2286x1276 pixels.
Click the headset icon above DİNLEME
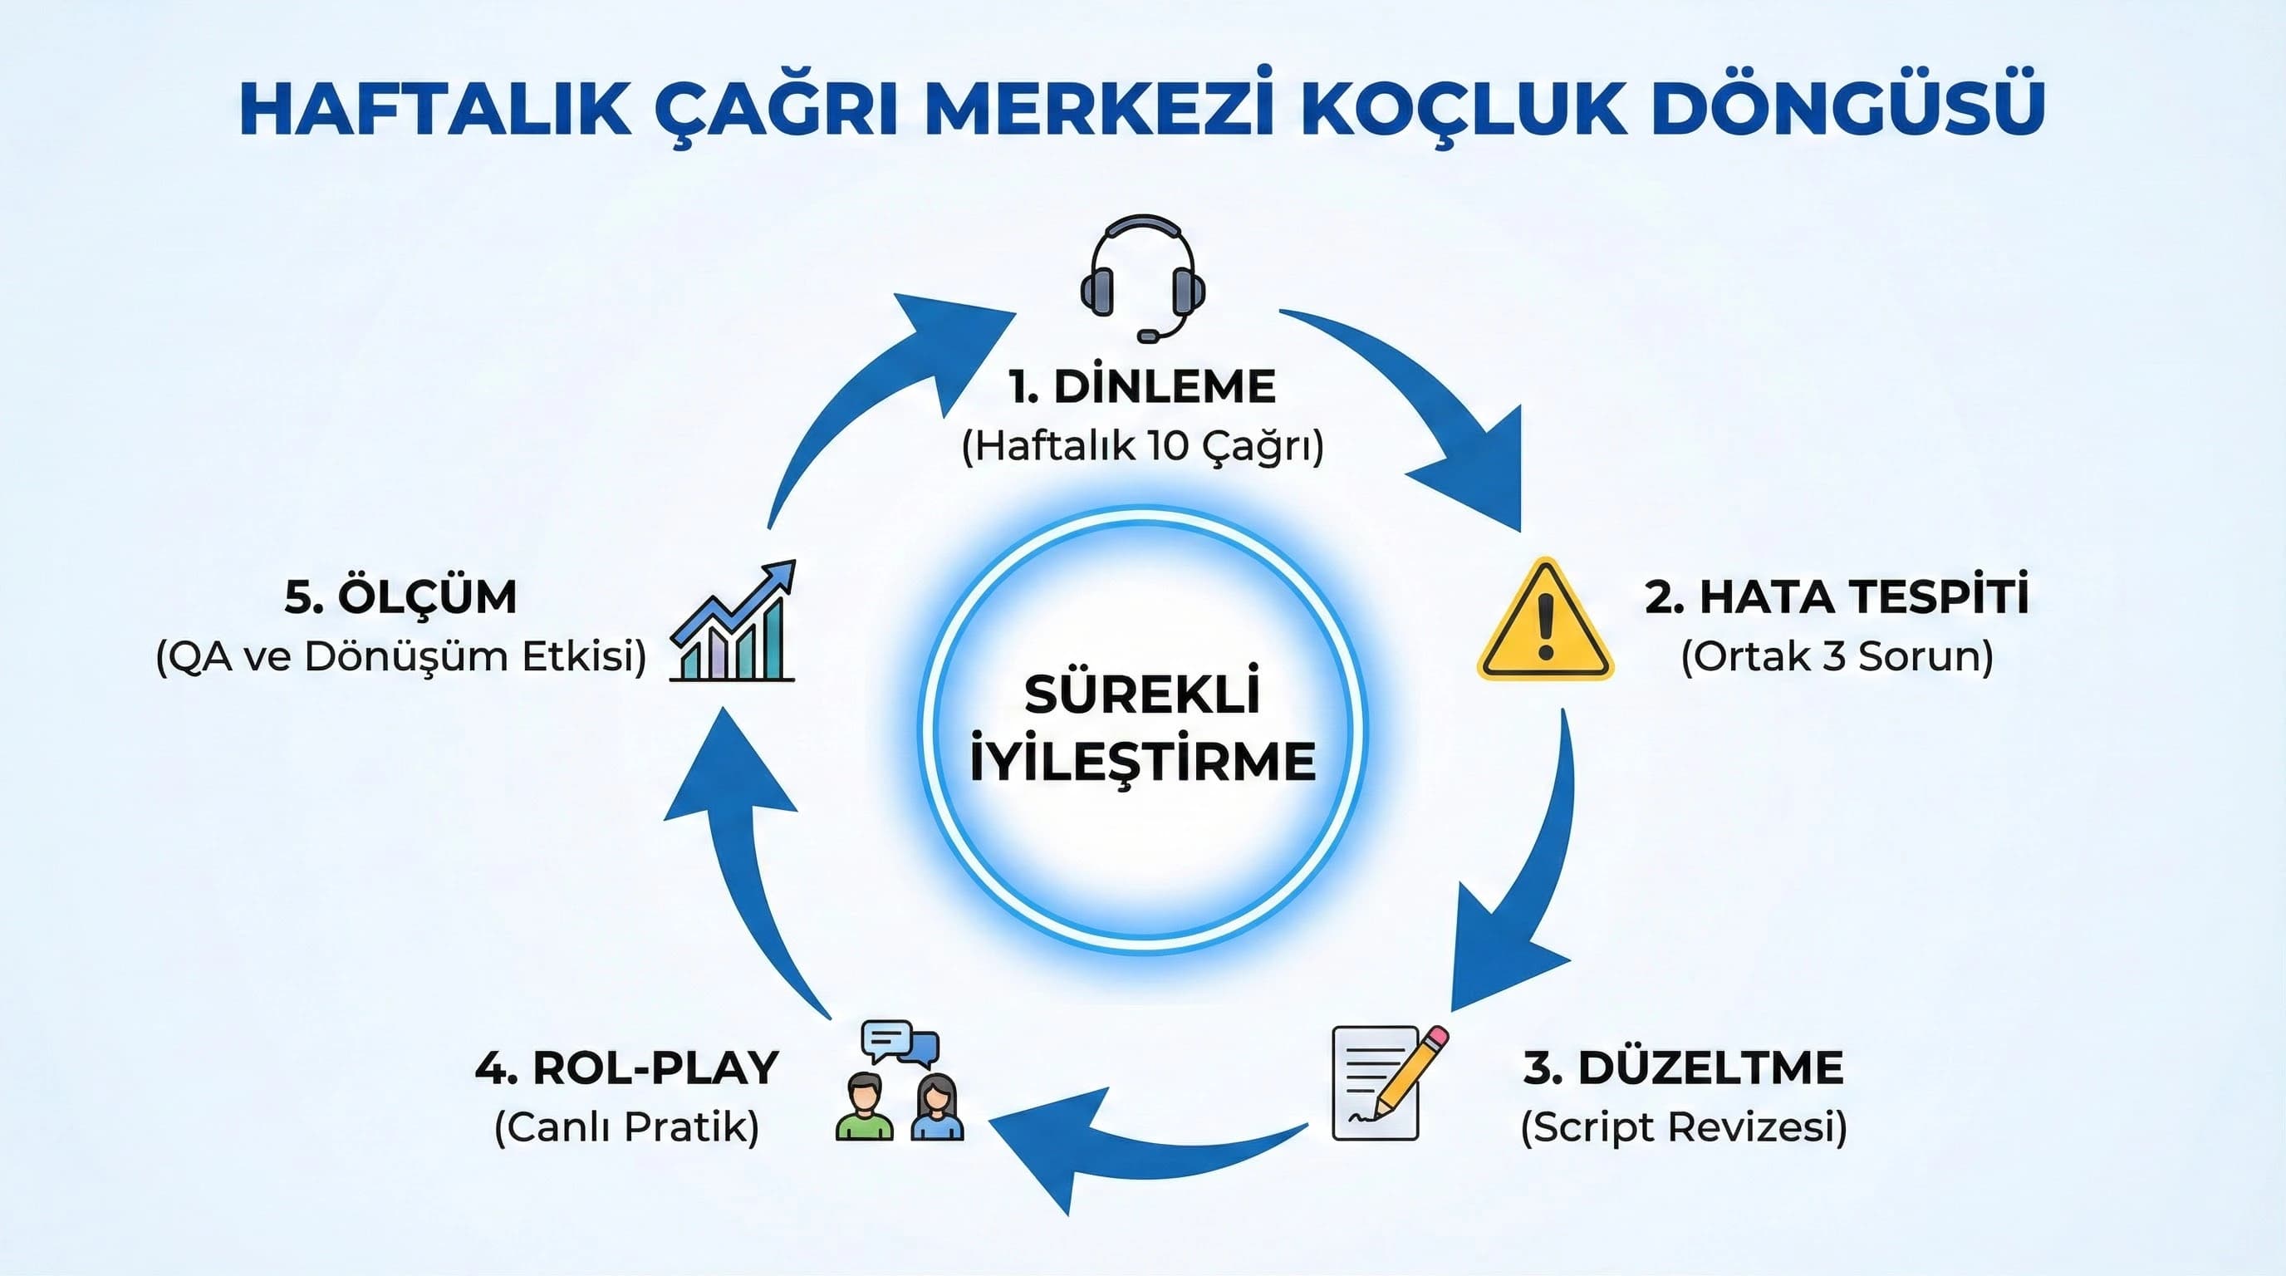click(x=1142, y=275)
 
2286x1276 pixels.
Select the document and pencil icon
click(x=1387, y=1082)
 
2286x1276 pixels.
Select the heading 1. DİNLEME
click(x=1142, y=386)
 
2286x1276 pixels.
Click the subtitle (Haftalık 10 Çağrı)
click(x=1142, y=446)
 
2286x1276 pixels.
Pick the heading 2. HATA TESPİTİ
click(x=1837, y=596)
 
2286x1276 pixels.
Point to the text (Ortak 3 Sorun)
click(x=1837, y=657)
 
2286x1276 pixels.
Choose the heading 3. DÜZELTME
click(x=1684, y=1067)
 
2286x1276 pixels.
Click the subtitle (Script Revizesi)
click(x=1684, y=1128)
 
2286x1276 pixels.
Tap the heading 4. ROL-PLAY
click(x=626, y=1067)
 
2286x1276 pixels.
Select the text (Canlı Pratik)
click(x=626, y=1128)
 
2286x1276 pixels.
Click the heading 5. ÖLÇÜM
click(x=400, y=596)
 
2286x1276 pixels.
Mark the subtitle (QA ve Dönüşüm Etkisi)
click(x=400, y=657)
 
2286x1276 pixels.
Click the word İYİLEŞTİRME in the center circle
click(x=1142, y=761)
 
